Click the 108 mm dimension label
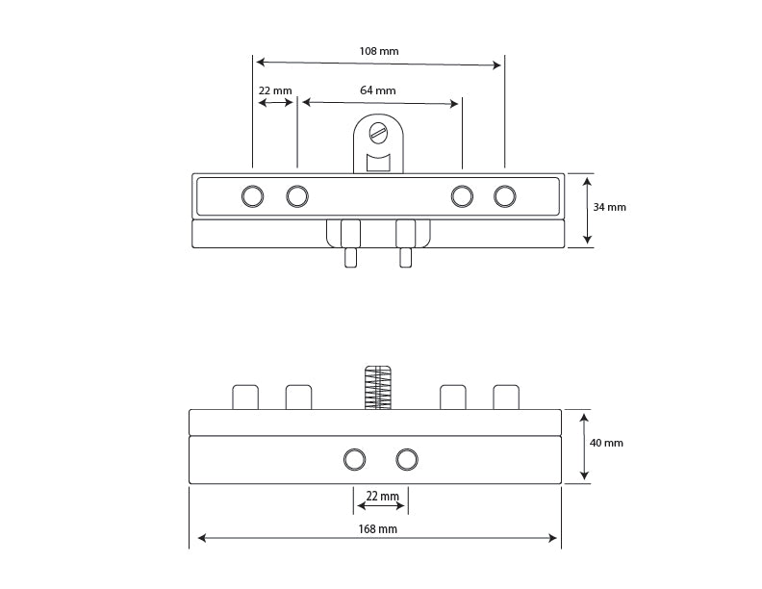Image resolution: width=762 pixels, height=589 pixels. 378,51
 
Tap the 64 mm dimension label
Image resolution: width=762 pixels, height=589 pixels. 377,90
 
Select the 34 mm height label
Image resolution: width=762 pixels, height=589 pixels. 609,207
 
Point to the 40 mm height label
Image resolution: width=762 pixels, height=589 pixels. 606,443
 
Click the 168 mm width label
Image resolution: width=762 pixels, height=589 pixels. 377,528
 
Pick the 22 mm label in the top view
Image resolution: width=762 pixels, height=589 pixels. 275,90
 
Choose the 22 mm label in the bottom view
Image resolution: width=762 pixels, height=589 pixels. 383,497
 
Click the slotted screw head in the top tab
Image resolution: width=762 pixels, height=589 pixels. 378,132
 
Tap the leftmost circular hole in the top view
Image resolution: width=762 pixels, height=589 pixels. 253,196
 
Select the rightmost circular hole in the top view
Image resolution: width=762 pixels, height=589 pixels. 505,196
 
